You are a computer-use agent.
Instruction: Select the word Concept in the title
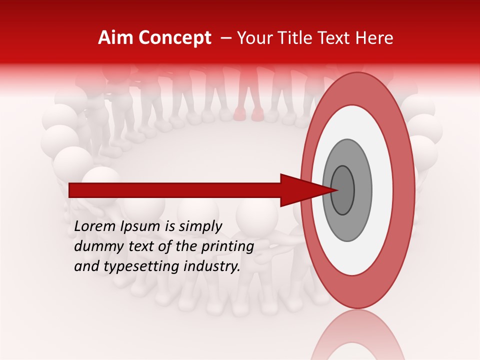coord(175,38)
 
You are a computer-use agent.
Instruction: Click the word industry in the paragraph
coord(212,266)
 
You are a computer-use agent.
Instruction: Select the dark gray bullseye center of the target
coord(342,190)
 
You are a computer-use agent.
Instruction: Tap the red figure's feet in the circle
coord(249,115)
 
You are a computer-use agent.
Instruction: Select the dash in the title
coord(225,38)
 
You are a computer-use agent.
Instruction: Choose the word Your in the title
coord(253,38)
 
